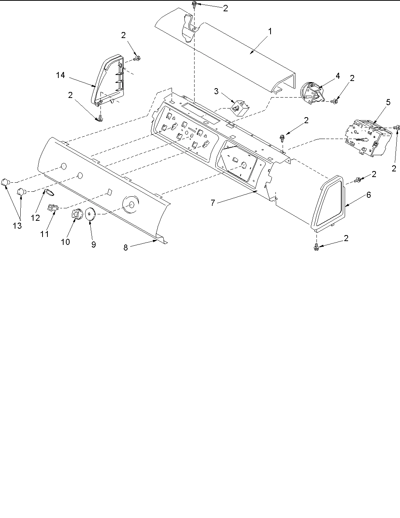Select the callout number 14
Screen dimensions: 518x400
click(60, 75)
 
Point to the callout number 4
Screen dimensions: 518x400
click(338, 76)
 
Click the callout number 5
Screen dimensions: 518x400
click(388, 102)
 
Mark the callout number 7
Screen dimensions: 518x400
click(213, 203)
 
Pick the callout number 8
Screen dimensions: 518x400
click(126, 248)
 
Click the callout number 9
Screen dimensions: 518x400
click(93, 244)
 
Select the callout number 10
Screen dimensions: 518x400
click(65, 241)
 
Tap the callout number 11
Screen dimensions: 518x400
click(44, 234)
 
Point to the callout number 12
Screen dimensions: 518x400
click(35, 218)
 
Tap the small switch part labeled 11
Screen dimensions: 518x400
click(52, 207)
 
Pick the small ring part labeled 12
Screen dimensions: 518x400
click(49, 193)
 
